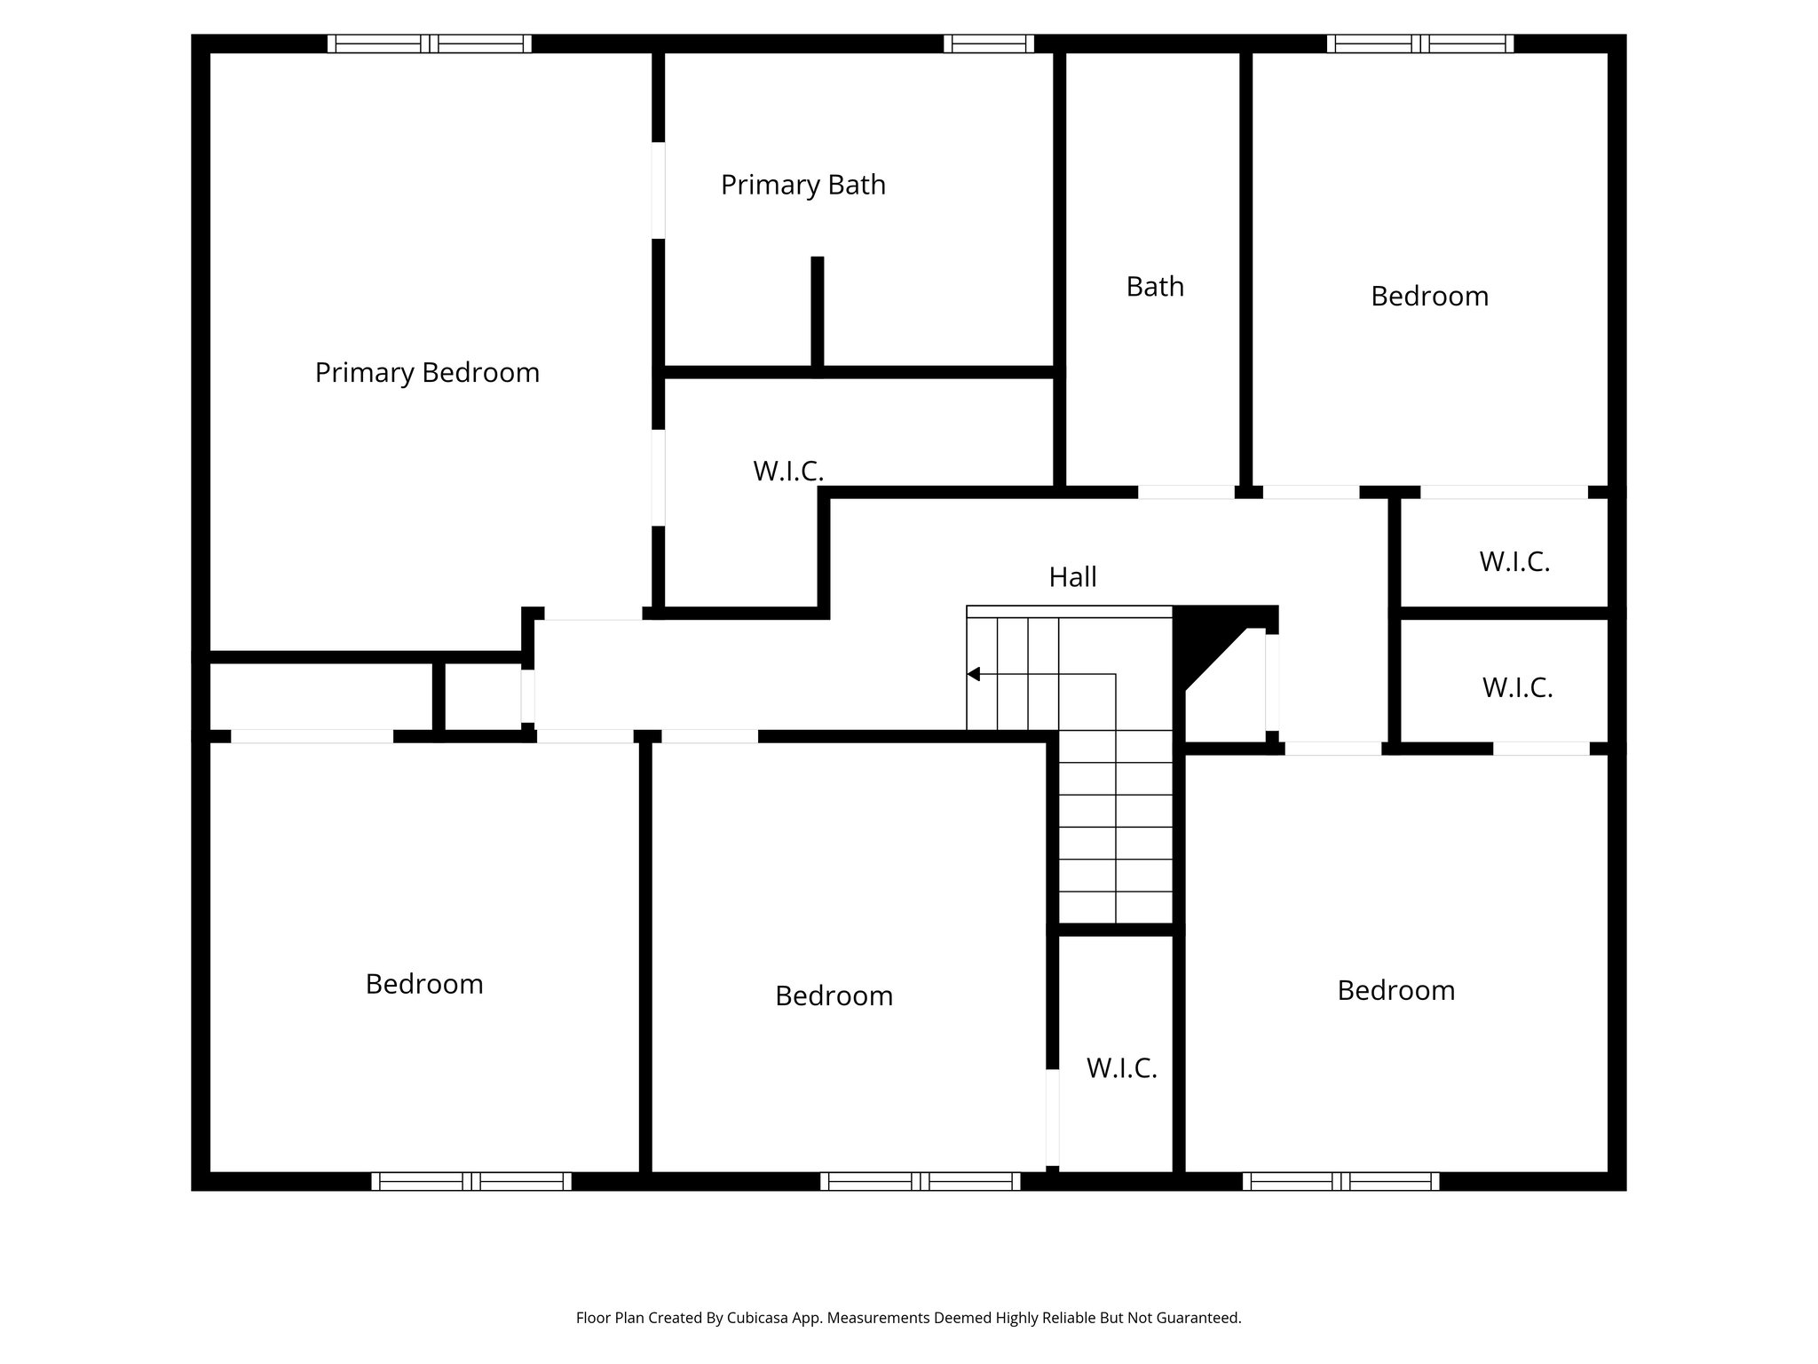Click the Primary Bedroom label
427,372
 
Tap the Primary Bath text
802,185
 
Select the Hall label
1072,577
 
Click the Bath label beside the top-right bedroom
1155,287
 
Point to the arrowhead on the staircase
974,674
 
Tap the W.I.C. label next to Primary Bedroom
788,472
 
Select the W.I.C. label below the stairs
1121,1068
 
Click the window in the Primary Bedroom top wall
429,44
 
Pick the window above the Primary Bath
988,44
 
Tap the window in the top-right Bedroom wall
1419,44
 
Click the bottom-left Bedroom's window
470,1181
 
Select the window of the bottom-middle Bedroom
920,1181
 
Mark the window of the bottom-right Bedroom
1340,1181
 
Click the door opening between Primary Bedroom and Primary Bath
658,190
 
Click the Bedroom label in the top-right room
1429,297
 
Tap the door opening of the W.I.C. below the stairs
1052,1116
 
